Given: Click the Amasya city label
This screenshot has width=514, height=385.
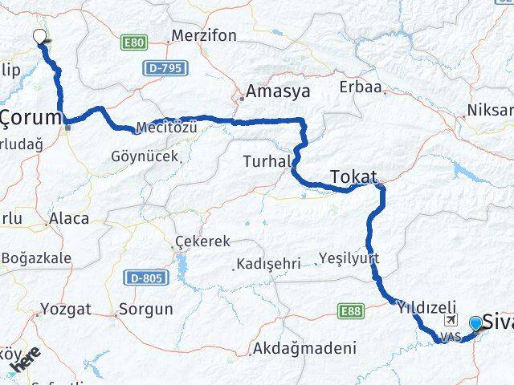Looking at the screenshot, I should coord(279,91).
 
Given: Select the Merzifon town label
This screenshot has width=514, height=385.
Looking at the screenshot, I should coord(202,36).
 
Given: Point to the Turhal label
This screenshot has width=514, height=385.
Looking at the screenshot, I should coord(267,161).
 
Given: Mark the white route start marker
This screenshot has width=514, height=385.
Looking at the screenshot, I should coord(39,35).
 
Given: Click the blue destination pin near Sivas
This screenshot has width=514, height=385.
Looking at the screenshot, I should coord(476,323).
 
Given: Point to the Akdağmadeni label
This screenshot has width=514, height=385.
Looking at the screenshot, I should coord(304,348).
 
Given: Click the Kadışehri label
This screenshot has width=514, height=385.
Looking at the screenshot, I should coord(267,263).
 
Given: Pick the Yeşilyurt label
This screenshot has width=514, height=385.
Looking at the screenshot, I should coord(349,257).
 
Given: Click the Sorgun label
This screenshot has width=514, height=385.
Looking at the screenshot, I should coord(145,308).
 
